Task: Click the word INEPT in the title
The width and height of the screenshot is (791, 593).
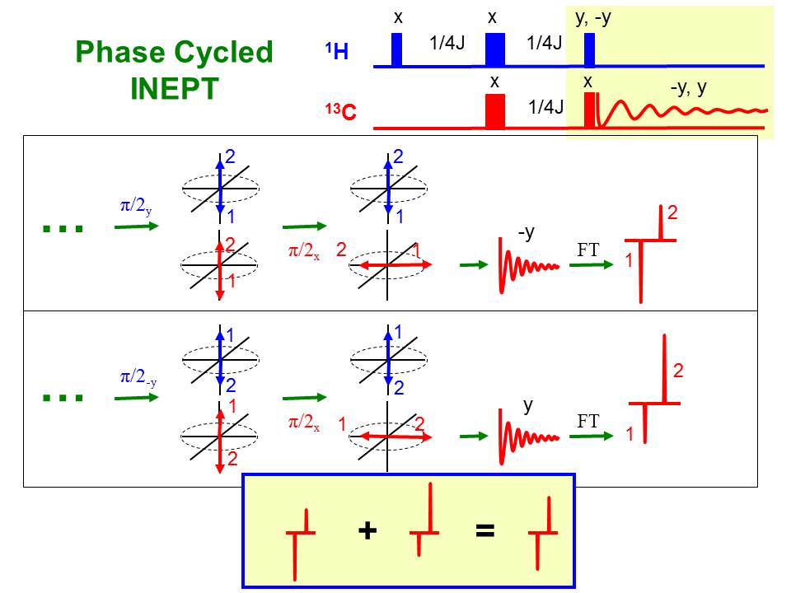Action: click(x=174, y=87)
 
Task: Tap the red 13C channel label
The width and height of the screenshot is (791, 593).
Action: click(x=340, y=113)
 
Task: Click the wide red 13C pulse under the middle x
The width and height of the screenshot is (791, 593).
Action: click(x=494, y=111)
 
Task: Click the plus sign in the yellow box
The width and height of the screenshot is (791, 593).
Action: click(x=367, y=530)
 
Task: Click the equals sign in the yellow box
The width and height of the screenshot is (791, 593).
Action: click(x=485, y=530)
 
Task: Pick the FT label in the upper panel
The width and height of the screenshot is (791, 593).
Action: click(x=587, y=250)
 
